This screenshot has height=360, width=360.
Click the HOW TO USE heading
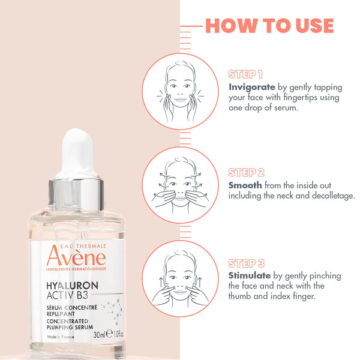[x=269, y=26]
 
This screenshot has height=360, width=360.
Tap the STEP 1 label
[x=245, y=74]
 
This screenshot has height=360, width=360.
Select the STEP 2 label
[x=247, y=172]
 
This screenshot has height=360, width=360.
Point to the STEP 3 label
[x=247, y=263]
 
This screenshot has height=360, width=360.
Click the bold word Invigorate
[x=252, y=87]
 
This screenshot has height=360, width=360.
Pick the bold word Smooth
[x=245, y=185]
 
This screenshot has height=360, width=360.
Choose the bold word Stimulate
[x=250, y=275]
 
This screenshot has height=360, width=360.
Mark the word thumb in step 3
[x=239, y=296]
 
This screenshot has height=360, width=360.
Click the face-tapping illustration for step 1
[x=180, y=91]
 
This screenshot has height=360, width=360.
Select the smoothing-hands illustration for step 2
[x=180, y=185]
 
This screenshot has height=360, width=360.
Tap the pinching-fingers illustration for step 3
[x=180, y=278]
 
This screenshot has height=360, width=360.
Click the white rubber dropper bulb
[x=77, y=154]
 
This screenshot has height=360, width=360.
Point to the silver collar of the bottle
[x=76, y=194]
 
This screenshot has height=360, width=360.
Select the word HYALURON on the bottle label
[x=72, y=286]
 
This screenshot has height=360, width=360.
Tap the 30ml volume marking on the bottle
[x=100, y=335]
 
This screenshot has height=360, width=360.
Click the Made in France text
[x=61, y=337]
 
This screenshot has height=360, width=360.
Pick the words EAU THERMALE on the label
[x=83, y=247]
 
